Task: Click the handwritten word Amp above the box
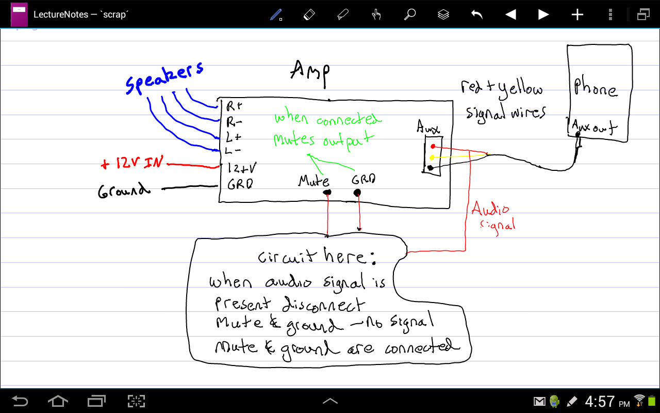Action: pyautogui.click(x=310, y=73)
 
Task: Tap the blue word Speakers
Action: pyautogui.click(x=164, y=78)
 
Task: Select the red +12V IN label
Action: pyautogui.click(x=131, y=164)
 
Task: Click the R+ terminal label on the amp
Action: pyautogui.click(x=234, y=106)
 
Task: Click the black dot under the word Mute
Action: pyautogui.click(x=327, y=193)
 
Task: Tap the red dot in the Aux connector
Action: pyautogui.click(x=433, y=146)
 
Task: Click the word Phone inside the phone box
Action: pyautogui.click(x=595, y=88)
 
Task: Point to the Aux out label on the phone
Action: pyautogui.click(x=594, y=126)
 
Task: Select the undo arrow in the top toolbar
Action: pyautogui.click(x=477, y=14)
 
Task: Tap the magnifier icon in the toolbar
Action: pyautogui.click(x=410, y=14)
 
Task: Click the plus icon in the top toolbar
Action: pyautogui.click(x=577, y=14)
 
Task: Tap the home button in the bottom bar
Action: pyautogui.click(x=58, y=401)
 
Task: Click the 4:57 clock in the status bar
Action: pyautogui.click(x=600, y=402)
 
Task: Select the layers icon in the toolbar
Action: pyautogui.click(x=443, y=14)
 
